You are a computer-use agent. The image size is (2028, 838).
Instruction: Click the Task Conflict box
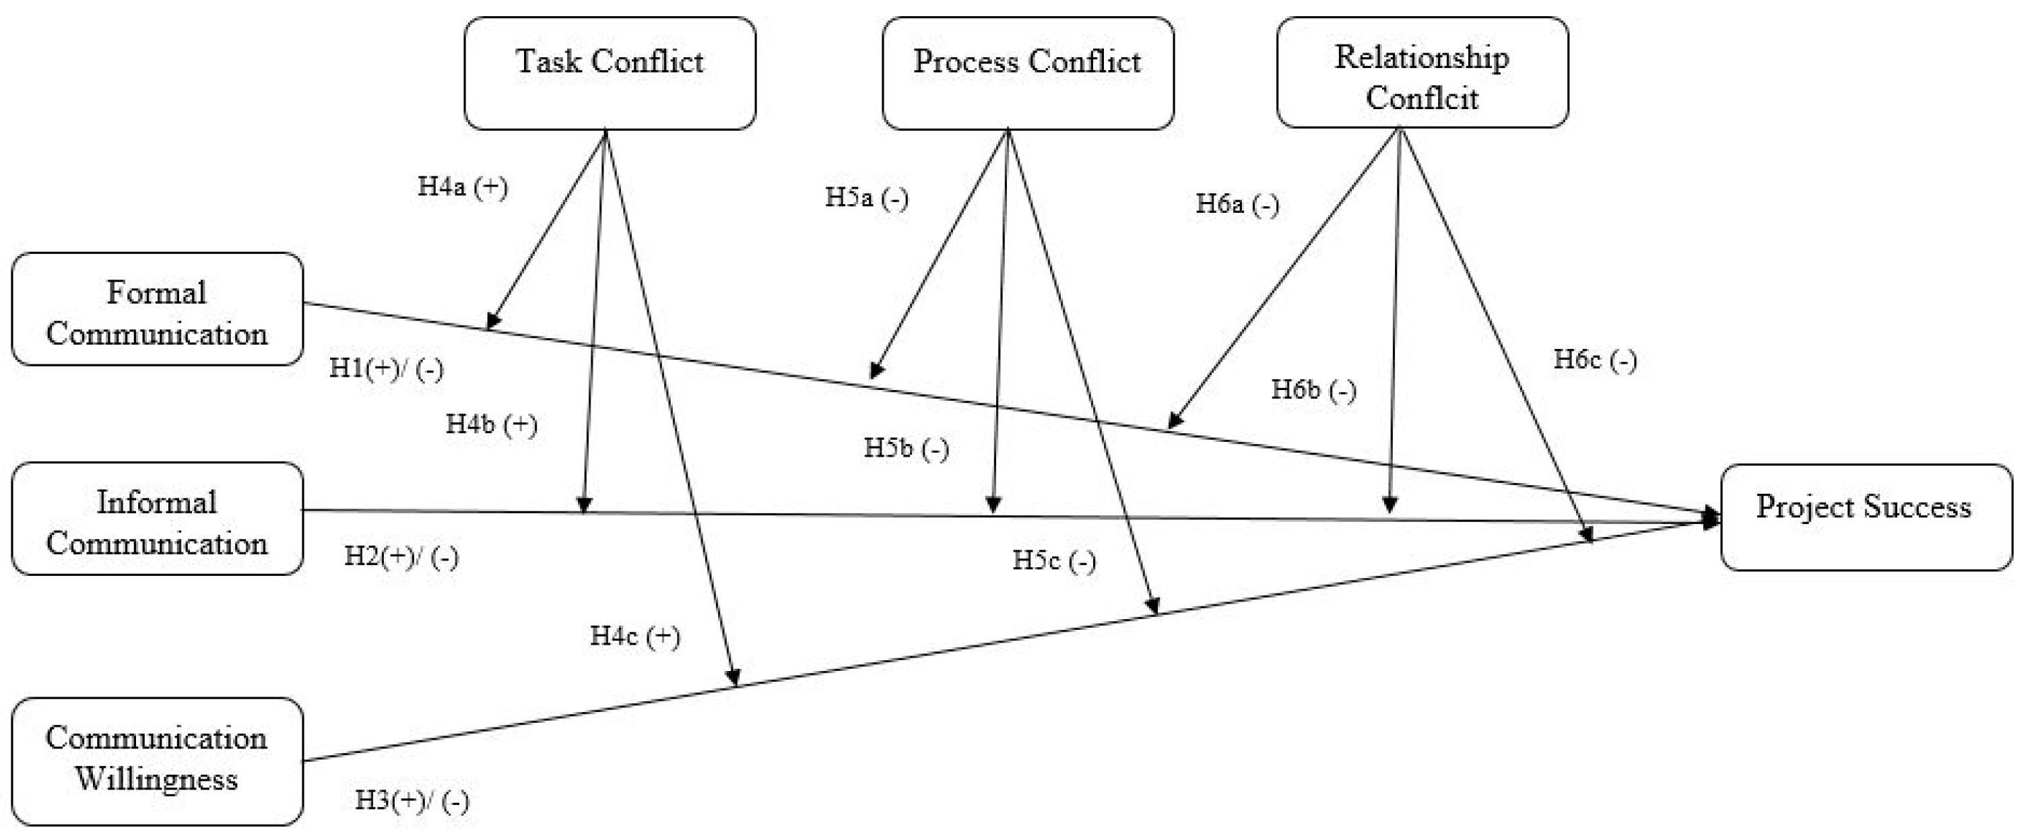[x=610, y=73]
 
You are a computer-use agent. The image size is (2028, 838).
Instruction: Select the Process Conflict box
[x=1026, y=73]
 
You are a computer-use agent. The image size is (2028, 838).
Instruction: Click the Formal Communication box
[x=157, y=309]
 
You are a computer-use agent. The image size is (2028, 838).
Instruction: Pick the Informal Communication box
[x=157, y=519]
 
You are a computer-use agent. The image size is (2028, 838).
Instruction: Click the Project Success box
[x=1866, y=517]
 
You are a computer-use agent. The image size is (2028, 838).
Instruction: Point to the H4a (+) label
[x=462, y=187]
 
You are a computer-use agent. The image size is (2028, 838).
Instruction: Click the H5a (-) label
[x=866, y=197]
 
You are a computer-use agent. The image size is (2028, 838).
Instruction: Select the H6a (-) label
[x=1237, y=205]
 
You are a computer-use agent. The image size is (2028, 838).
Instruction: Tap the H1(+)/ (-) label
[x=386, y=368]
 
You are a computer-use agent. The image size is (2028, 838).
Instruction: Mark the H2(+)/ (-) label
[x=401, y=557]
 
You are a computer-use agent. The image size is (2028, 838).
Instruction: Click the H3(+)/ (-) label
[x=412, y=801]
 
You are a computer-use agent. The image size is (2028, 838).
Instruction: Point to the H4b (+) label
[x=491, y=425]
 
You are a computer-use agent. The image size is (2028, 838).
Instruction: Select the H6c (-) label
[x=1594, y=360]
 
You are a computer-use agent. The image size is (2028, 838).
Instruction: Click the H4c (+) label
[x=634, y=637]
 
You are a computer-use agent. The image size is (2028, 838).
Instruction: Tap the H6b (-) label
[x=1313, y=391]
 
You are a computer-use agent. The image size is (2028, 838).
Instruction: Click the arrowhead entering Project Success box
[x=1710, y=519]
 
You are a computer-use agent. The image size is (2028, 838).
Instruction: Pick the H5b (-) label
[x=906, y=449]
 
